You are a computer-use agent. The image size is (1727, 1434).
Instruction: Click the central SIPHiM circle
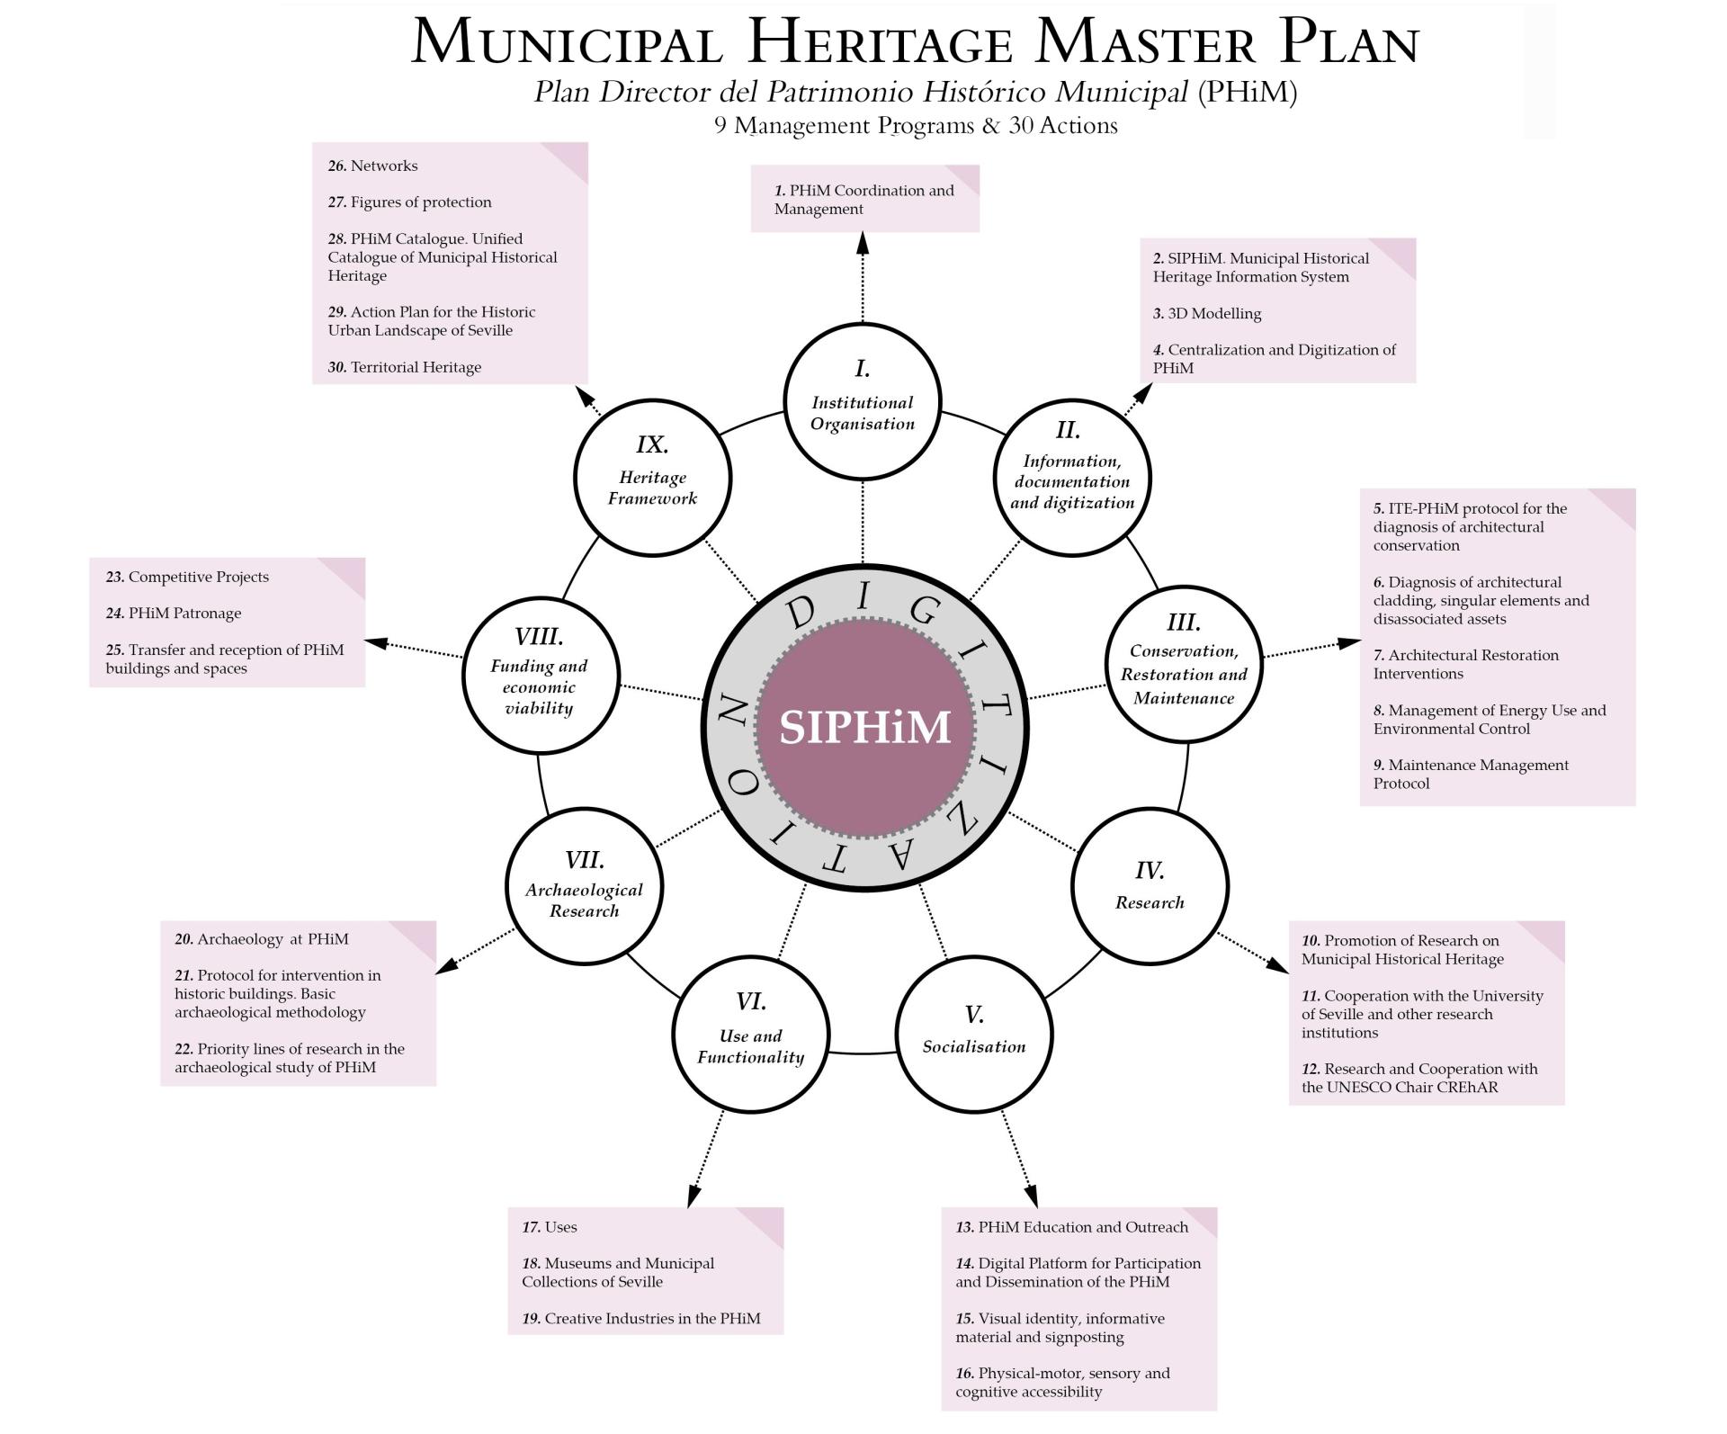point(864,727)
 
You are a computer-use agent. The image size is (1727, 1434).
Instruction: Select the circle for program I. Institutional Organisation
point(863,401)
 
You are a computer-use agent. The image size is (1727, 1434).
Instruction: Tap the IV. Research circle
point(1150,886)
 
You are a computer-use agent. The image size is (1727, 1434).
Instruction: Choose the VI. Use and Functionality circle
point(750,1034)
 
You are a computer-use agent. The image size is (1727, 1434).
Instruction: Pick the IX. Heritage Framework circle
point(652,478)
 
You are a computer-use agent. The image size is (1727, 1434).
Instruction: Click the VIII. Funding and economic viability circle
point(540,676)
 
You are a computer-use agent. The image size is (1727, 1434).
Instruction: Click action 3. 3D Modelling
point(1207,313)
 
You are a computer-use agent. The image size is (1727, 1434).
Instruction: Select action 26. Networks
point(373,166)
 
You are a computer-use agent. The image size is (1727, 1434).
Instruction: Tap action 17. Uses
point(550,1227)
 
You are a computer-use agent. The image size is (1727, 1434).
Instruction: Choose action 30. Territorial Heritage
point(405,367)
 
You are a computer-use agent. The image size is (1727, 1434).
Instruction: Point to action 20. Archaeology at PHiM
point(262,939)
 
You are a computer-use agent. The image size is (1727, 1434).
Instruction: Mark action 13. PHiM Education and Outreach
point(1072,1227)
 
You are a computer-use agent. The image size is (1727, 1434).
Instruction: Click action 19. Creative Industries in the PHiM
point(641,1319)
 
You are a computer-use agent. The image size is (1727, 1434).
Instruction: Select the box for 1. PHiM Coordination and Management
point(864,199)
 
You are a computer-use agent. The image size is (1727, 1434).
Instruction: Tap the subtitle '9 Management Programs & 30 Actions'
point(916,125)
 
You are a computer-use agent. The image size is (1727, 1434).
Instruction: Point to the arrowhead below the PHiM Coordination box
point(863,241)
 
